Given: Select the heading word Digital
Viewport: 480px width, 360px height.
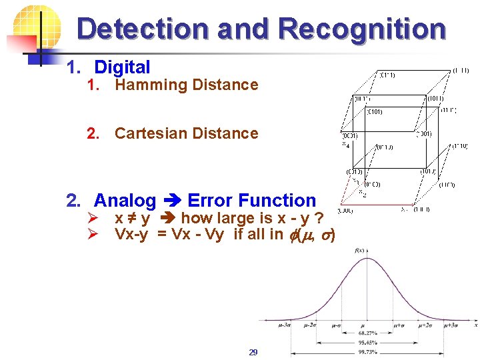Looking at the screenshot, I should point(122,67).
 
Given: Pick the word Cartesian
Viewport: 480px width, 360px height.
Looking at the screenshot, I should point(151,133).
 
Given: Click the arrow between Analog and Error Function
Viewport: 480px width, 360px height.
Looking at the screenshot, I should point(172,201).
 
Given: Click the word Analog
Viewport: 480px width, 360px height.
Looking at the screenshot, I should point(125,201).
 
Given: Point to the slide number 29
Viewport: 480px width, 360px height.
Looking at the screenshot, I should point(253,351).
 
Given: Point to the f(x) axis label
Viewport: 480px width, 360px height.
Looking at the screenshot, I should point(359,250).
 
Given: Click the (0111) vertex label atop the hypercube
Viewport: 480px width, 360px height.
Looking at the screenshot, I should point(387,75).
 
